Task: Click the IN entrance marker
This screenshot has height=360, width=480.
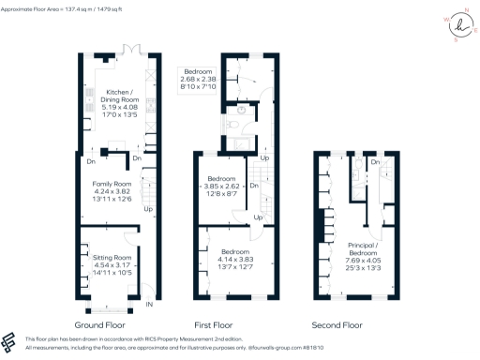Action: pos(149,304)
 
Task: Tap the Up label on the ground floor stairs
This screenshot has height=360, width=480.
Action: pos(148,208)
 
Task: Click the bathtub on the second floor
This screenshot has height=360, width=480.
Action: pos(358,169)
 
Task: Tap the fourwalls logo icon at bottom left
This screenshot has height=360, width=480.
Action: pos(9,340)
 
